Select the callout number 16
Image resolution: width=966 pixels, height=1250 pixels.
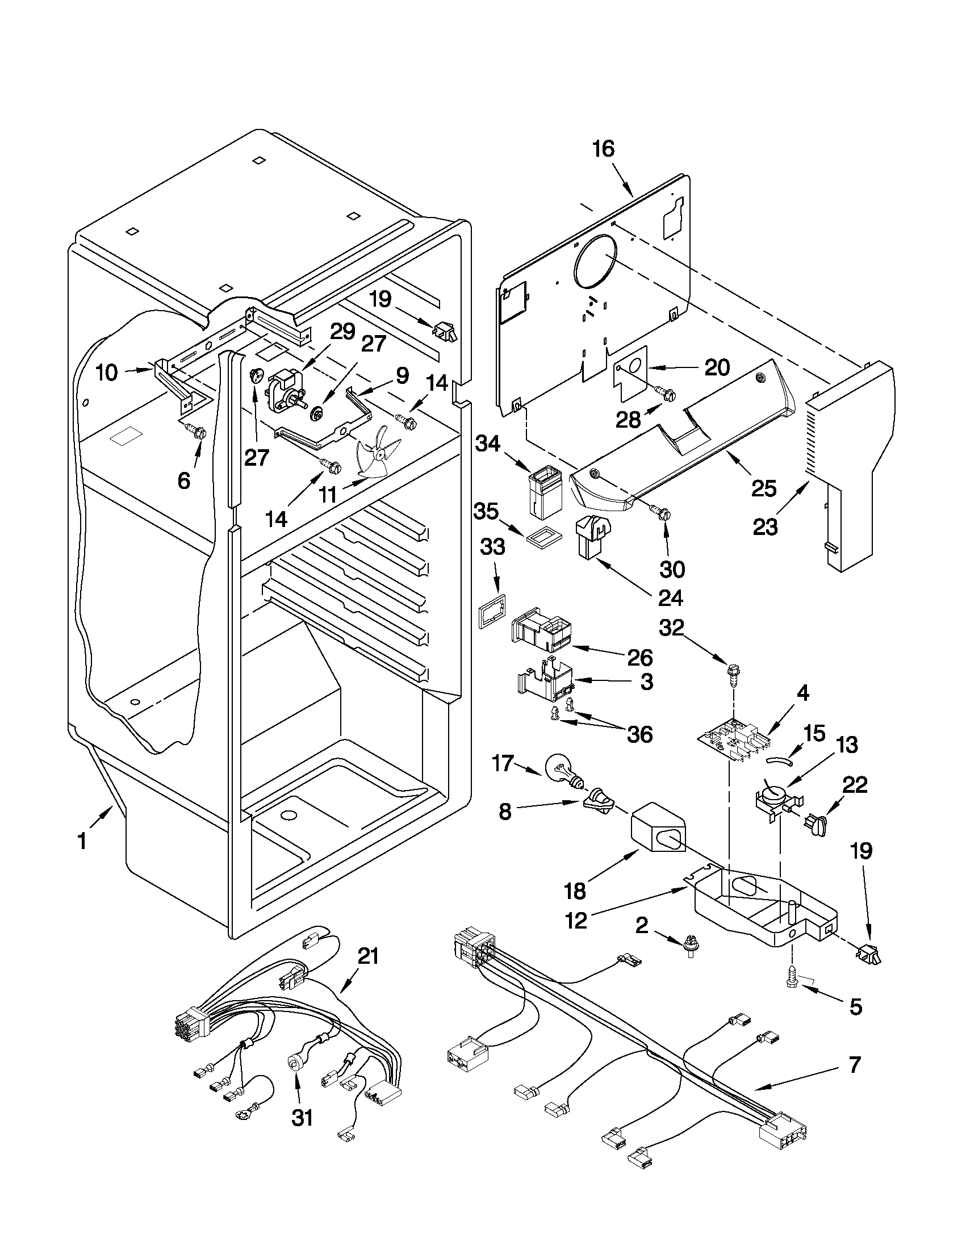click(x=603, y=149)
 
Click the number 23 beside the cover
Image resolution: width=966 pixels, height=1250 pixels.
click(x=765, y=526)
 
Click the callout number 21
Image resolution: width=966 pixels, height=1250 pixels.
click(x=367, y=956)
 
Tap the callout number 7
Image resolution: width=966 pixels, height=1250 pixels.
click(x=854, y=1065)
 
